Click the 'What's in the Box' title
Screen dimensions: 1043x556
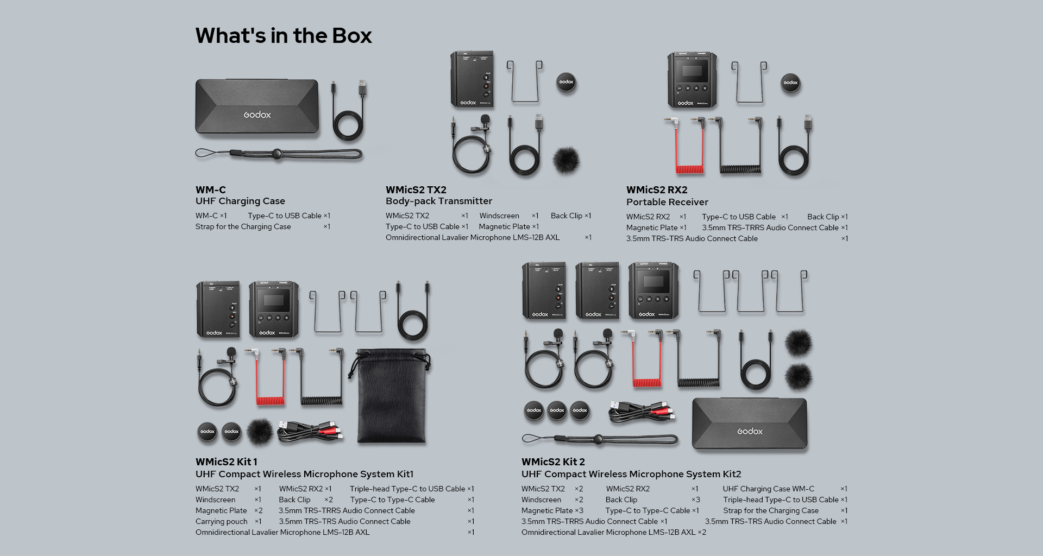284,36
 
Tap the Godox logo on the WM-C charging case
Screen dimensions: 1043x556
257,115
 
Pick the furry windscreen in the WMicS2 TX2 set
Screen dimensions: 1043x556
566,160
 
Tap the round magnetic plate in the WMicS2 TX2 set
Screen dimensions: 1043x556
566,82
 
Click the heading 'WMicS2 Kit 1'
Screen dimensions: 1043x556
227,462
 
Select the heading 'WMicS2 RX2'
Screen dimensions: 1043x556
657,190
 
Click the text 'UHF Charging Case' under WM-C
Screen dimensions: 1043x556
240,201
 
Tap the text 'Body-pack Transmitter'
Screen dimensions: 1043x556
439,201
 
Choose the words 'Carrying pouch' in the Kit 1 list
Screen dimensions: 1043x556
222,521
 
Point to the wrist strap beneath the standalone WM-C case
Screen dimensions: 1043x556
278,154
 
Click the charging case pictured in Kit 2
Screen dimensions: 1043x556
750,424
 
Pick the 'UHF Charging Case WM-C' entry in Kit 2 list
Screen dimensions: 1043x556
768,489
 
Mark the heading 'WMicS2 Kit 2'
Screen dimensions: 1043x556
553,462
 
